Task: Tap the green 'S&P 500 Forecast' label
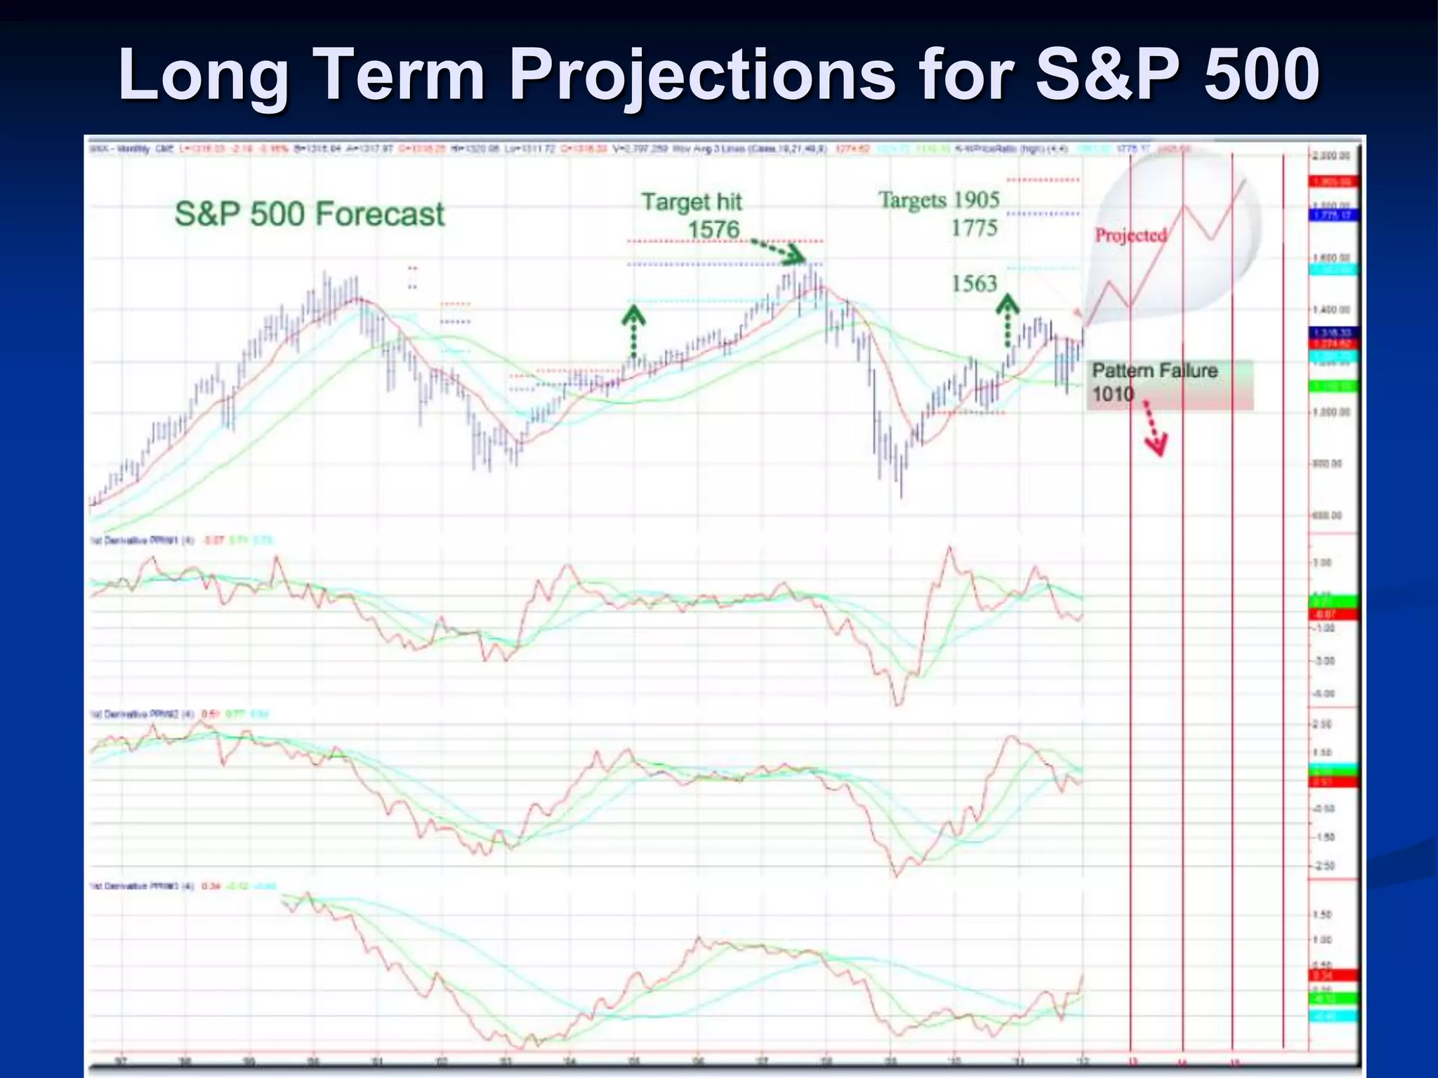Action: pyautogui.click(x=310, y=213)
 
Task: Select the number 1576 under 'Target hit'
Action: pyautogui.click(x=713, y=229)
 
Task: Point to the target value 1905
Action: pyautogui.click(x=976, y=199)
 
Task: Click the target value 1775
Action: pyautogui.click(x=974, y=227)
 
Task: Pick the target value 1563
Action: pyautogui.click(x=974, y=284)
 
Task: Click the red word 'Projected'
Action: pyautogui.click(x=1130, y=235)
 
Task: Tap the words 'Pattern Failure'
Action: pyautogui.click(x=1154, y=371)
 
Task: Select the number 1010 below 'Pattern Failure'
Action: pyautogui.click(x=1113, y=394)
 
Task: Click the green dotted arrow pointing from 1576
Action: pyautogui.click(x=778, y=251)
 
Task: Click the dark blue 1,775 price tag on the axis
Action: pyautogui.click(x=1334, y=215)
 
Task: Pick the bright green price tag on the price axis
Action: pyautogui.click(x=1334, y=387)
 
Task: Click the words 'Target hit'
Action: pyautogui.click(x=692, y=202)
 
